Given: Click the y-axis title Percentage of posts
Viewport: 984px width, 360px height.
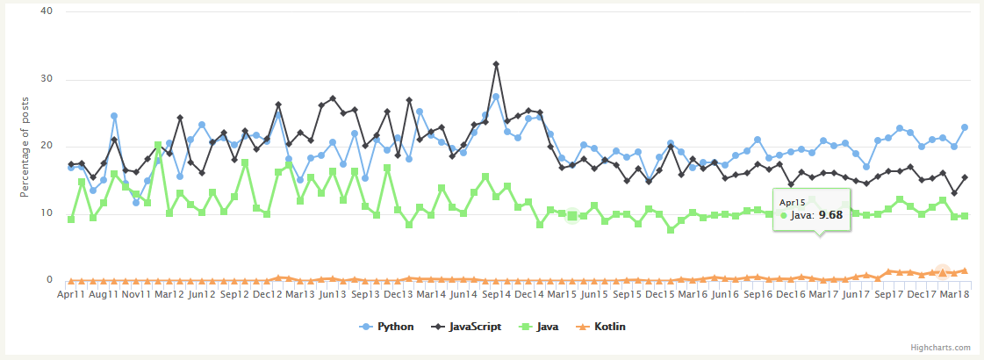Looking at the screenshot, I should click(x=25, y=147).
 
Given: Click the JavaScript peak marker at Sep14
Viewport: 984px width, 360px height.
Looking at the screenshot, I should click(x=496, y=64).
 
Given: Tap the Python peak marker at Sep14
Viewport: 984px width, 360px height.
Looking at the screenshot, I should click(x=496, y=97).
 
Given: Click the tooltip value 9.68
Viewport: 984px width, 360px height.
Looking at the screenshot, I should click(x=830, y=213).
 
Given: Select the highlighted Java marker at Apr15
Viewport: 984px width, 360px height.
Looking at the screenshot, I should click(x=572, y=216).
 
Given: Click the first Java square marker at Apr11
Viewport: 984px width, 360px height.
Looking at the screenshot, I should click(x=71, y=219).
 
